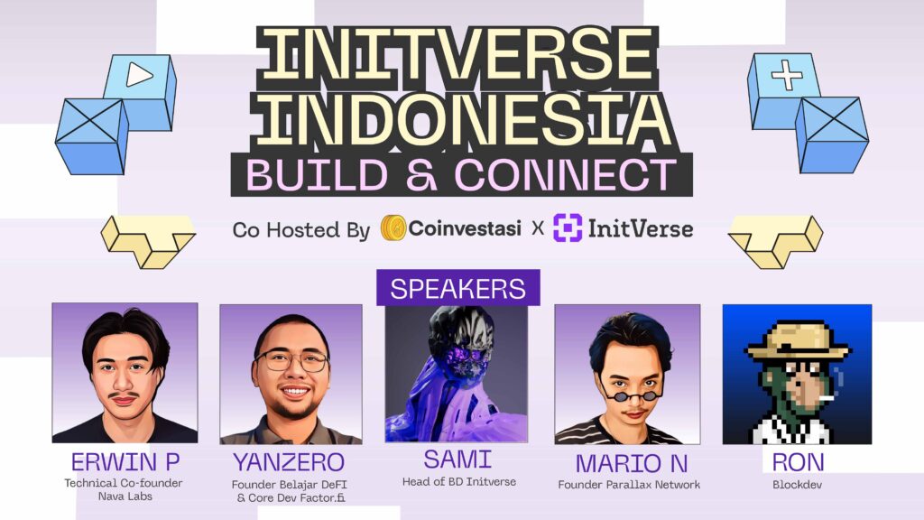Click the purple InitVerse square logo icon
[567, 228]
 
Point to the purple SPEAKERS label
[457, 288]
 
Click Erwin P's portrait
[125, 372]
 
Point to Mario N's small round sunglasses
[625, 395]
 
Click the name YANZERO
[289, 462]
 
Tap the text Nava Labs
[124, 497]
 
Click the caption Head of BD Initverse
[458, 482]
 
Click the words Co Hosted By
[300, 229]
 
